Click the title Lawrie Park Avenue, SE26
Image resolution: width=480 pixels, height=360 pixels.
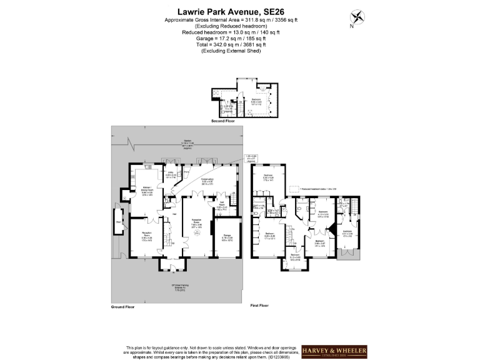click(x=239, y=11)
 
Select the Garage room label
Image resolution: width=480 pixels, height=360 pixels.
click(x=227, y=237)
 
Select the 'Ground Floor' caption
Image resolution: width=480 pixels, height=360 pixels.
click(x=124, y=307)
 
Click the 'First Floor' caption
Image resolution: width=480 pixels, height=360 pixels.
click(x=259, y=305)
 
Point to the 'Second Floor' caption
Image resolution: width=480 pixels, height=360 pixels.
click(x=222, y=121)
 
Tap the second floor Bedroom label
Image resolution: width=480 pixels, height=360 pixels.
click(x=256, y=100)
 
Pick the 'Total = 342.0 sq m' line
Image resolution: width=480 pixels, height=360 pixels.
click(x=239, y=45)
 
